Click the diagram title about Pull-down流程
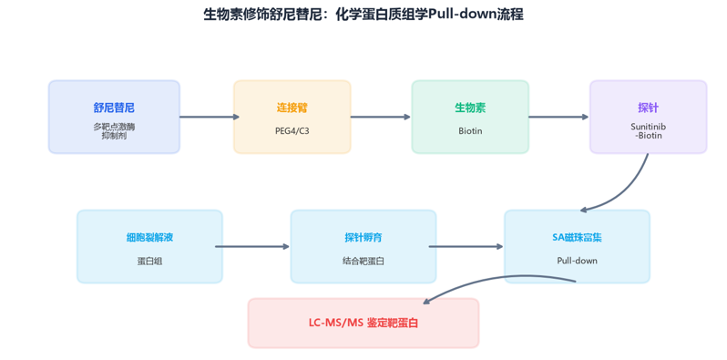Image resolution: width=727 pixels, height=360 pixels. pos(363,15)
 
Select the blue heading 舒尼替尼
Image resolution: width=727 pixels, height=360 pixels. pos(114,108)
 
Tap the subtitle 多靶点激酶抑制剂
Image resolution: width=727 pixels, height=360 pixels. pos(114,131)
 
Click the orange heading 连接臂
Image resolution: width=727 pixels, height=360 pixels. pos(292,108)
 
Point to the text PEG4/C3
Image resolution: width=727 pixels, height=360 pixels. pos(292,131)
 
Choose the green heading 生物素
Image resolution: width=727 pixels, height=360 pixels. pos(470,108)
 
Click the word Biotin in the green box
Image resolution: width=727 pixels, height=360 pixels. pos(470,131)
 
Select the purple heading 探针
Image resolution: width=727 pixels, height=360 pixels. pos(648,108)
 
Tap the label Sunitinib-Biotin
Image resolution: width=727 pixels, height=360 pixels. pos(648,131)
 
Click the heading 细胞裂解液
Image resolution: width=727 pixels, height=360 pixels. pos(149,238)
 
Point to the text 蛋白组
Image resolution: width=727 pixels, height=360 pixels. pos(149,262)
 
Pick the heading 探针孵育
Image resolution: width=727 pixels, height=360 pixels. pos(363,238)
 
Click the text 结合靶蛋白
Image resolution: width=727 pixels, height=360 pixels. pos(363,262)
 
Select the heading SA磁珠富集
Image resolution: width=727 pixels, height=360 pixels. pos(578,238)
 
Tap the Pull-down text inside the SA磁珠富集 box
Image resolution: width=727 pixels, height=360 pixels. pos(578,261)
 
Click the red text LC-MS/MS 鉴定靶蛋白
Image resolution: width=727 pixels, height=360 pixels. pos(363,323)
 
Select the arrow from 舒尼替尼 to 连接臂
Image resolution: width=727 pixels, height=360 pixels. pos(210,117)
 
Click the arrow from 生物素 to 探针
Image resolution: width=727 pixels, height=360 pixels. pos(558,117)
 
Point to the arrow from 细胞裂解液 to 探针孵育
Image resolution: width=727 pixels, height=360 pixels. pos(252,247)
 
